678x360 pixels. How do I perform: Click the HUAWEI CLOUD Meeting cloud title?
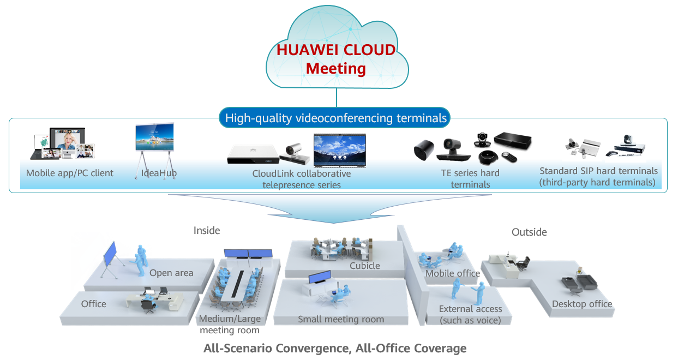[336, 59]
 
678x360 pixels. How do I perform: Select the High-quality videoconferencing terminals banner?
[336, 118]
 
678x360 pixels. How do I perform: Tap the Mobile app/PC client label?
[70, 173]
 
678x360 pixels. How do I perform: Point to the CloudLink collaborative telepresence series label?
[301, 179]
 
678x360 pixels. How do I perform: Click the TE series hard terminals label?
[470, 179]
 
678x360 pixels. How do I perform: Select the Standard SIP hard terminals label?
[598, 177]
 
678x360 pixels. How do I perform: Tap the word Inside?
[207, 231]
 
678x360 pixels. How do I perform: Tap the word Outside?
[529, 232]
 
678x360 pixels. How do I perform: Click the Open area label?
[171, 273]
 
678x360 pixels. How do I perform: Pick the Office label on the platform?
[94, 304]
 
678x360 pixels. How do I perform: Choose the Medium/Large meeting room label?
[230, 325]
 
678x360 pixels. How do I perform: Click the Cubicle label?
[365, 266]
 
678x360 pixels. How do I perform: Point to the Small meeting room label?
[341, 319]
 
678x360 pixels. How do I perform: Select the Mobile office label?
[453, 273]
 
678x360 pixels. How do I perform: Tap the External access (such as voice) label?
[470, 315]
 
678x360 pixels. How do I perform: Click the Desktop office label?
[582, 304]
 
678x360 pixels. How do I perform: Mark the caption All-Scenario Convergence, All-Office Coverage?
[335, 348]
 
